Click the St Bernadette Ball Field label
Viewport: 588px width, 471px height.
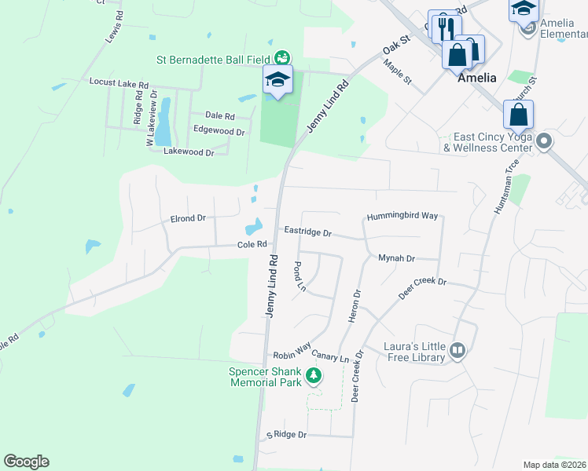pos(213,59)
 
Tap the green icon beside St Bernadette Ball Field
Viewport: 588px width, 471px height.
pos(281,57)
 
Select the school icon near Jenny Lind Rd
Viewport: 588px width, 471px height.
pos(277,80)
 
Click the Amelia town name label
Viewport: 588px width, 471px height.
pos(477,78)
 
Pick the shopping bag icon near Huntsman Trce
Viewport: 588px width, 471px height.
pos(519,115)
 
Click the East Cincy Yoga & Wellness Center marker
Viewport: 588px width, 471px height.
pos(543,141)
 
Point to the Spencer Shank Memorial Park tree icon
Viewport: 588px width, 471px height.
pos(314,376)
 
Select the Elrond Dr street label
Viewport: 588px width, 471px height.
pos(187,218)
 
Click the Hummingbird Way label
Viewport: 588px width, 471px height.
pos(402,216)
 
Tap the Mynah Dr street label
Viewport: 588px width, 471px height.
pos(396,257)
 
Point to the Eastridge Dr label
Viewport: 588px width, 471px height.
pos(307,233)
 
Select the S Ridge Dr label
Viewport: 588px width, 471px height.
pos(285,434)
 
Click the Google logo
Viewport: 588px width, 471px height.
pos(26,462)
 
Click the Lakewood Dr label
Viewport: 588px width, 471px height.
pos(189,152)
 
